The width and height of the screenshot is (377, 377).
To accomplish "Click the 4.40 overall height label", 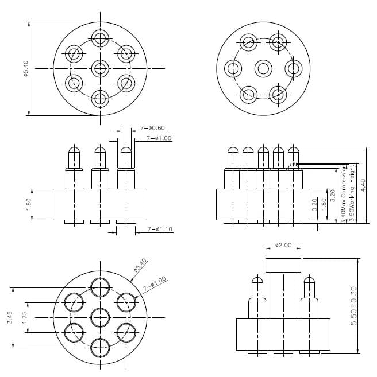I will click(362, 185).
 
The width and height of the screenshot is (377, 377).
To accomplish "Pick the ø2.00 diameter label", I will click(283, 245).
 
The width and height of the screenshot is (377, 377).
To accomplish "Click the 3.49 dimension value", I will click(10, 317).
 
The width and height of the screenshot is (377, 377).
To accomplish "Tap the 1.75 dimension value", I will click(25, 317).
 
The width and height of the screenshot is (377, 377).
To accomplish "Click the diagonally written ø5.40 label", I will click(140, 265).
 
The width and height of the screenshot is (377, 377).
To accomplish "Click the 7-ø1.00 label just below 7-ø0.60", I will click(159, 138).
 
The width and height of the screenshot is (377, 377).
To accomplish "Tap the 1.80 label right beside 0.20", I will click(324, 205).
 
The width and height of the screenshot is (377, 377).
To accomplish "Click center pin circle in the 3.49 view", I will click(100, 316).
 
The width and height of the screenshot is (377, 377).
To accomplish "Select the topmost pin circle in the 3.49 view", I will click(100, 286).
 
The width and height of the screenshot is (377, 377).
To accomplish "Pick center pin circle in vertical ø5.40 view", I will click(100, 69).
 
